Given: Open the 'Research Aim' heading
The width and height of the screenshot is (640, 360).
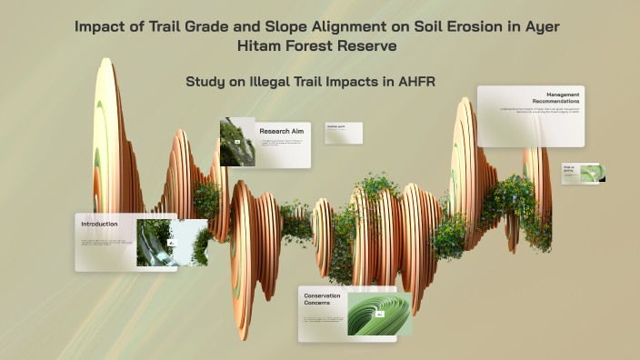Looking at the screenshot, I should (281, 130).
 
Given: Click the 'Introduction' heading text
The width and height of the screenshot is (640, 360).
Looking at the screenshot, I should (99, 224).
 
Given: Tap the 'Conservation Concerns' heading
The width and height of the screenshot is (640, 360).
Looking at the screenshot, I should (322, 300).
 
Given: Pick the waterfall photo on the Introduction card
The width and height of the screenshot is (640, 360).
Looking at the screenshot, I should (155, 241).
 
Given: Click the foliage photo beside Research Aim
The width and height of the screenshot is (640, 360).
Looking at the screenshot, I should (236, 142).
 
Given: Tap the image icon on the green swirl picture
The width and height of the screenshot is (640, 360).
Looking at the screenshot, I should (380, 314).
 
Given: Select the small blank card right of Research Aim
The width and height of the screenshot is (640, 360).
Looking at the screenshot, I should (343, 133).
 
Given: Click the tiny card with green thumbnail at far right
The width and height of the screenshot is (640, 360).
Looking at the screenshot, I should (583, 173).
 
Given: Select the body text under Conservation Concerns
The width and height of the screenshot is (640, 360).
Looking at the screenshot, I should (323, 321).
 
